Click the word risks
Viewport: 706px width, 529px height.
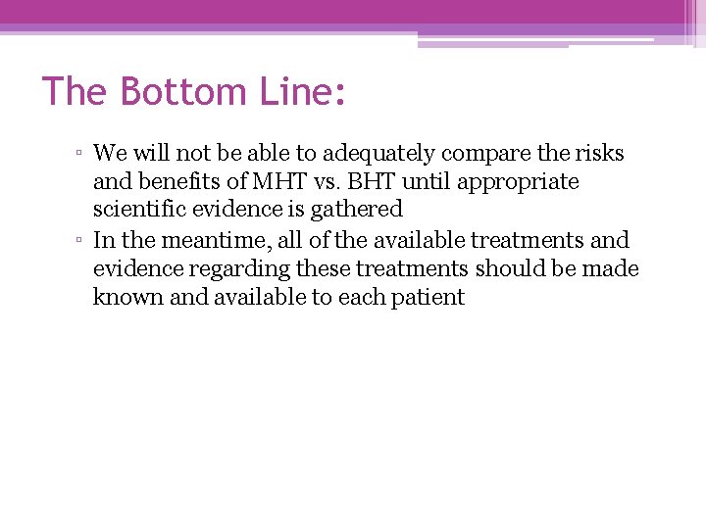[x=600, y=154]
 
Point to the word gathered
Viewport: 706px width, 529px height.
[x=363, y=210]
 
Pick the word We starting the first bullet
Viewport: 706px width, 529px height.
[x=107, y=154]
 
